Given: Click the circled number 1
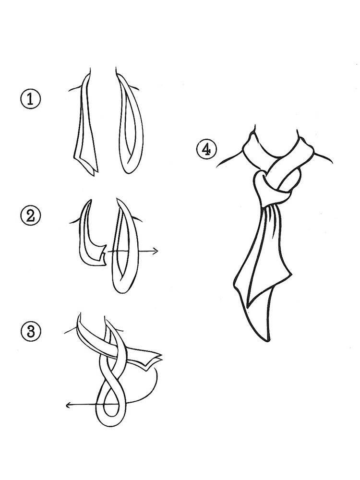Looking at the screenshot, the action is [30, 99].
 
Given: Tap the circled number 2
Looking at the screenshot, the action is [30, 216].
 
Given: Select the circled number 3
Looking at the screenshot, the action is [30, 332].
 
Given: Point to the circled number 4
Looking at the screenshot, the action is [206, 150].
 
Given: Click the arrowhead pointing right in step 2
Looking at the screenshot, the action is [156, 252].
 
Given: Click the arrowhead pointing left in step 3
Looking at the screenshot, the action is [69, 405].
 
